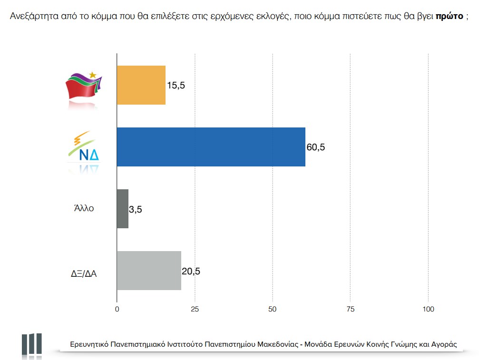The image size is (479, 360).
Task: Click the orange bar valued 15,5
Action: pyautogui.click(x=141, y=85)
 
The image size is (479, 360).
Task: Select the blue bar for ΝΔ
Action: pyautogui.click(x=211, y=147)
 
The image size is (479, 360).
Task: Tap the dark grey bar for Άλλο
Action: pyautogui.click(x=123, y=209)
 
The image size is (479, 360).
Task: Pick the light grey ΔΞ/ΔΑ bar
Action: pyautogui.click(x=149, y=271)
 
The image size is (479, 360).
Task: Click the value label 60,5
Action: pyautogui.click(x=316, y=147)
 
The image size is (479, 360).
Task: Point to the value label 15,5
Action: pyautogui.click(x=176, y=86)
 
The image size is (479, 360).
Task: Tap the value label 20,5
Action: pyautogui.click(x=191, y=271)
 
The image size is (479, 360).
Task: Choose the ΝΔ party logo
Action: pyautogui.click(x=84, y=150)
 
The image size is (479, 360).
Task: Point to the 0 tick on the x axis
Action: pyautogui.click(x=117, y=309)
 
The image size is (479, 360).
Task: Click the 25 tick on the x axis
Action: pyautogui.click(x=195, y=309)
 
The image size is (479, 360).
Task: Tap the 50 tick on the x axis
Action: pyautogui.click(x=273, y=309)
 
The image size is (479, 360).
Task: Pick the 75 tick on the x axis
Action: pyautogui.click(x=350, y=309)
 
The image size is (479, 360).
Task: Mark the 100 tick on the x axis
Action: pyautogui.click(x=428, y=309)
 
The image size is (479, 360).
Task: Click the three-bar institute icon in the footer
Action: pyautogui.click(x=31, y=343)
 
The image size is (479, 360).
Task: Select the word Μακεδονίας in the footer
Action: pyautogui.click(x=277, y=344)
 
